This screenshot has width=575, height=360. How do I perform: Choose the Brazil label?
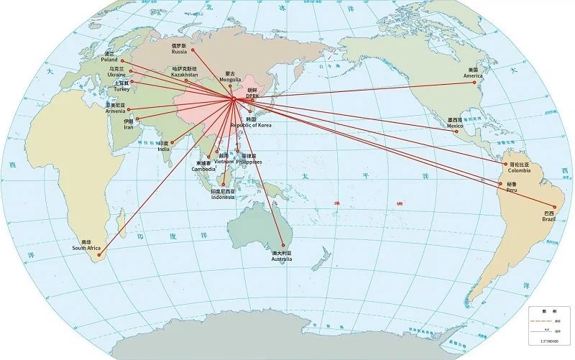tap(549, 216)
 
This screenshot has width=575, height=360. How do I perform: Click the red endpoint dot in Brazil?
tap(554, 207)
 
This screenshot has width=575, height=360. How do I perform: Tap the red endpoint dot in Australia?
tap(283, 245)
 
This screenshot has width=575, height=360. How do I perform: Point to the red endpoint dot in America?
tap(474, 83)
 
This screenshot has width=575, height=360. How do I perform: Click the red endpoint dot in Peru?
tap(499, 184)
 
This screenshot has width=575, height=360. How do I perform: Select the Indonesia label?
tap(223, 195)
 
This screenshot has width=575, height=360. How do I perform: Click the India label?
tap(164, 147)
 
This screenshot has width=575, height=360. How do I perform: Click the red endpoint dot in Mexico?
tap(454, 131)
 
